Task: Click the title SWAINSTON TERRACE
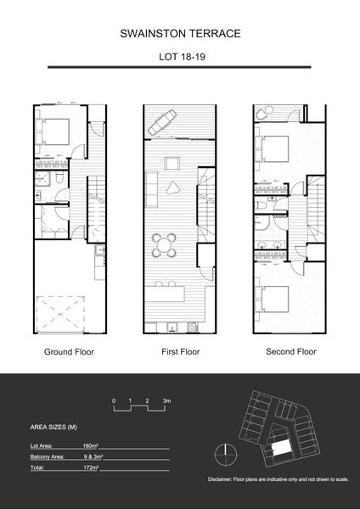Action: [x=179, y=33]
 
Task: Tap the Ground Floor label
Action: [x=68, y=350]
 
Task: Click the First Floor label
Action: [x=179, y=350]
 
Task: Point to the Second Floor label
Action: [x=290, y=350]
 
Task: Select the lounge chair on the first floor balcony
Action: [x=162, y=124]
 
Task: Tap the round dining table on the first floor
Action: [x=164, y=246]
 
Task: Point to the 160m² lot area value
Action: [x=91, y=444]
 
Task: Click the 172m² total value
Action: [x=91, y=467]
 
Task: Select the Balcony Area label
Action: [x=48, y=456]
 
